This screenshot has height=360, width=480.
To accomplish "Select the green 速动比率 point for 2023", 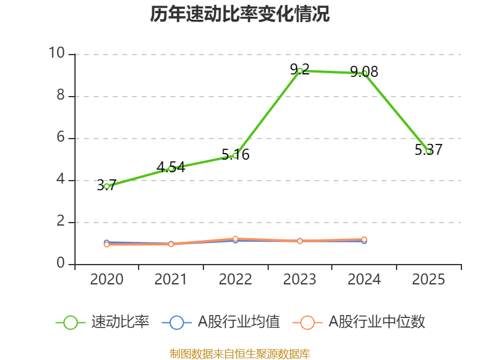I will pyautogui.click(x=300, y=71).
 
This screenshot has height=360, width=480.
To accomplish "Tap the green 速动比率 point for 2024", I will pyautogui.click(x=364, y=73).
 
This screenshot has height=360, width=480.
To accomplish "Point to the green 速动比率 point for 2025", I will pyautogui.click(x=428, y=151).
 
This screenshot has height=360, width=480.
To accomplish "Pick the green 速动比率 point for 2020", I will pyautogui.click(x=107, y=186).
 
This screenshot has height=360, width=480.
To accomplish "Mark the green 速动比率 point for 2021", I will pyautogui.click(x=171, y=169).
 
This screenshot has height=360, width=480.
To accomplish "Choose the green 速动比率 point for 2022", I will pyautogui.click(x=235, y=155).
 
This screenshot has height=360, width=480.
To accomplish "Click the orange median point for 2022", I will pyautogui.click(x=235, y=239).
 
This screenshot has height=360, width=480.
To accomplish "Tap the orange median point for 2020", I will pyautogui.click(x=107, y=244).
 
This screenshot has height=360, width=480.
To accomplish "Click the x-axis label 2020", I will pyautogui.click(x=107, y=280).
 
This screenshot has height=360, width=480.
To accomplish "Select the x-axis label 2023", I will pyautogui.click(x=300, y=280).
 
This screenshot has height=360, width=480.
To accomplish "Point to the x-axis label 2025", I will pyautogui.click(x=428, y=280).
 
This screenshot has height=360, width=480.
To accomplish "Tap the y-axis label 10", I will pyautogui.click(x=56, y=54).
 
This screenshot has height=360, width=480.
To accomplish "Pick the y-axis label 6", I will pyautogui.click(x=60, y=138).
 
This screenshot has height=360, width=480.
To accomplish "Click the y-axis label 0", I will pyautogui.click(x=60, y=264).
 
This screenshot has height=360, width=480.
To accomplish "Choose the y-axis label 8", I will pyautogui.click(x=60, y=96).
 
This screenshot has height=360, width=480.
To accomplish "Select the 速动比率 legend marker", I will pyautogui.click(x=71, y=322).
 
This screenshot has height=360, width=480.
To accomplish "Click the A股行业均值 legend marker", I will pyautogui.click(x=176, y=322).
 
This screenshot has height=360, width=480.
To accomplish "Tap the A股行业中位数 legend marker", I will pyautogui.click(x=307, y=322).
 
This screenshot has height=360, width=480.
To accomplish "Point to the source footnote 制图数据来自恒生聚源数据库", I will pyautogui.click(x=240, y=353).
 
